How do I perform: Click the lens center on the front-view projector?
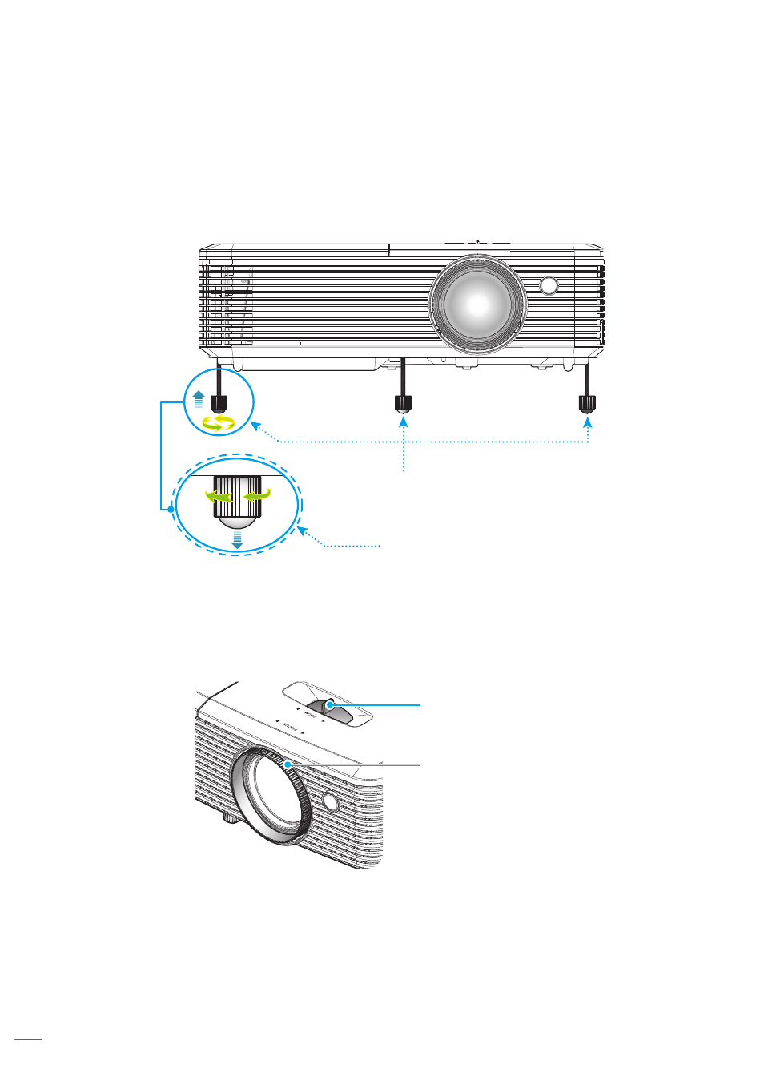click(477, 304)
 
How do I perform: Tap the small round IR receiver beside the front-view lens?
click(549, 285)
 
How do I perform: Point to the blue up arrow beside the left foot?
click(199, 398)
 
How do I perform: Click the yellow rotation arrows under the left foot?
click(218, 423)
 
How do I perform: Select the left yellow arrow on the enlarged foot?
click(218, 497)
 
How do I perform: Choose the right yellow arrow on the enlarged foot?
click(257, 497)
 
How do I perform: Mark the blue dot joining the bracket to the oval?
click(171, 509)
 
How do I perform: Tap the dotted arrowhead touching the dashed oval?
click(302, 530)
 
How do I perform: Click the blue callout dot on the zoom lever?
click(329, 705)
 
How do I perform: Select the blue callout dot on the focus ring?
click(288, 764)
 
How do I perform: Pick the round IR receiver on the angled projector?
click(331, 800)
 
